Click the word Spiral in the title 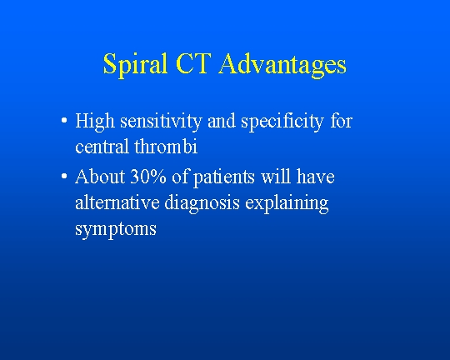coord(135,65)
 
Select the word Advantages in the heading coord(282,65)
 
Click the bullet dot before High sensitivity coord(64,120)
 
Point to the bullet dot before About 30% coord(64,175)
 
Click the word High coord(95,122)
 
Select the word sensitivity coord(161,122)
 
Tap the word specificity coord(282,122)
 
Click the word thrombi coord(166,146)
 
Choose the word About coord(100,176)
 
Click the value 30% coord(148,177)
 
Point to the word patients coord(224,177)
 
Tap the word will coord(276,176)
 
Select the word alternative coord(117,202)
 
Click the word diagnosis coord(202,203)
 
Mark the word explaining coord(287,203)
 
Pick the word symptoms coord(116,230)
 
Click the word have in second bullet coord(315,176)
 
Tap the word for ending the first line coord(341,120)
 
